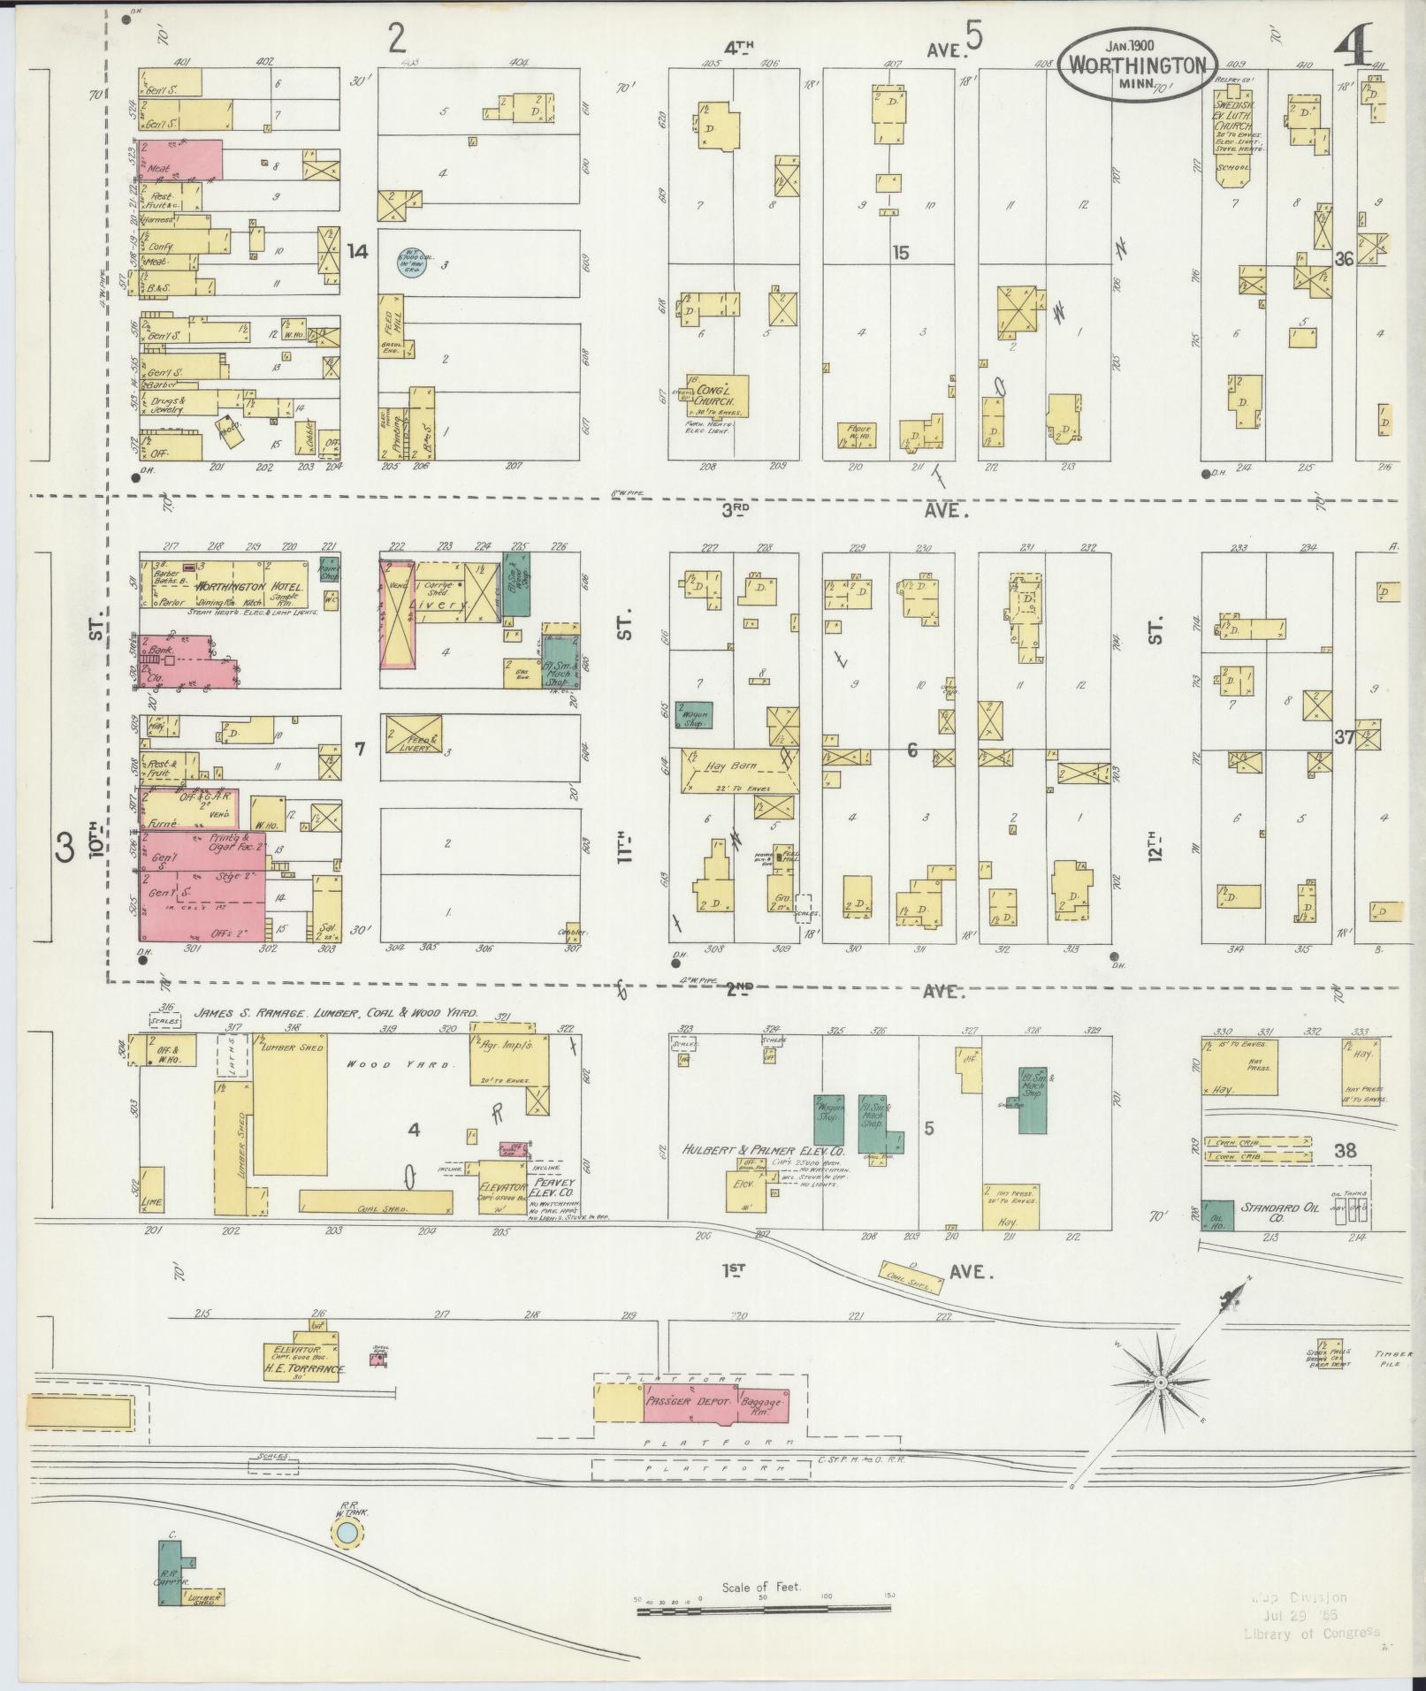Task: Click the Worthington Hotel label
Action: coord(250,587)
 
